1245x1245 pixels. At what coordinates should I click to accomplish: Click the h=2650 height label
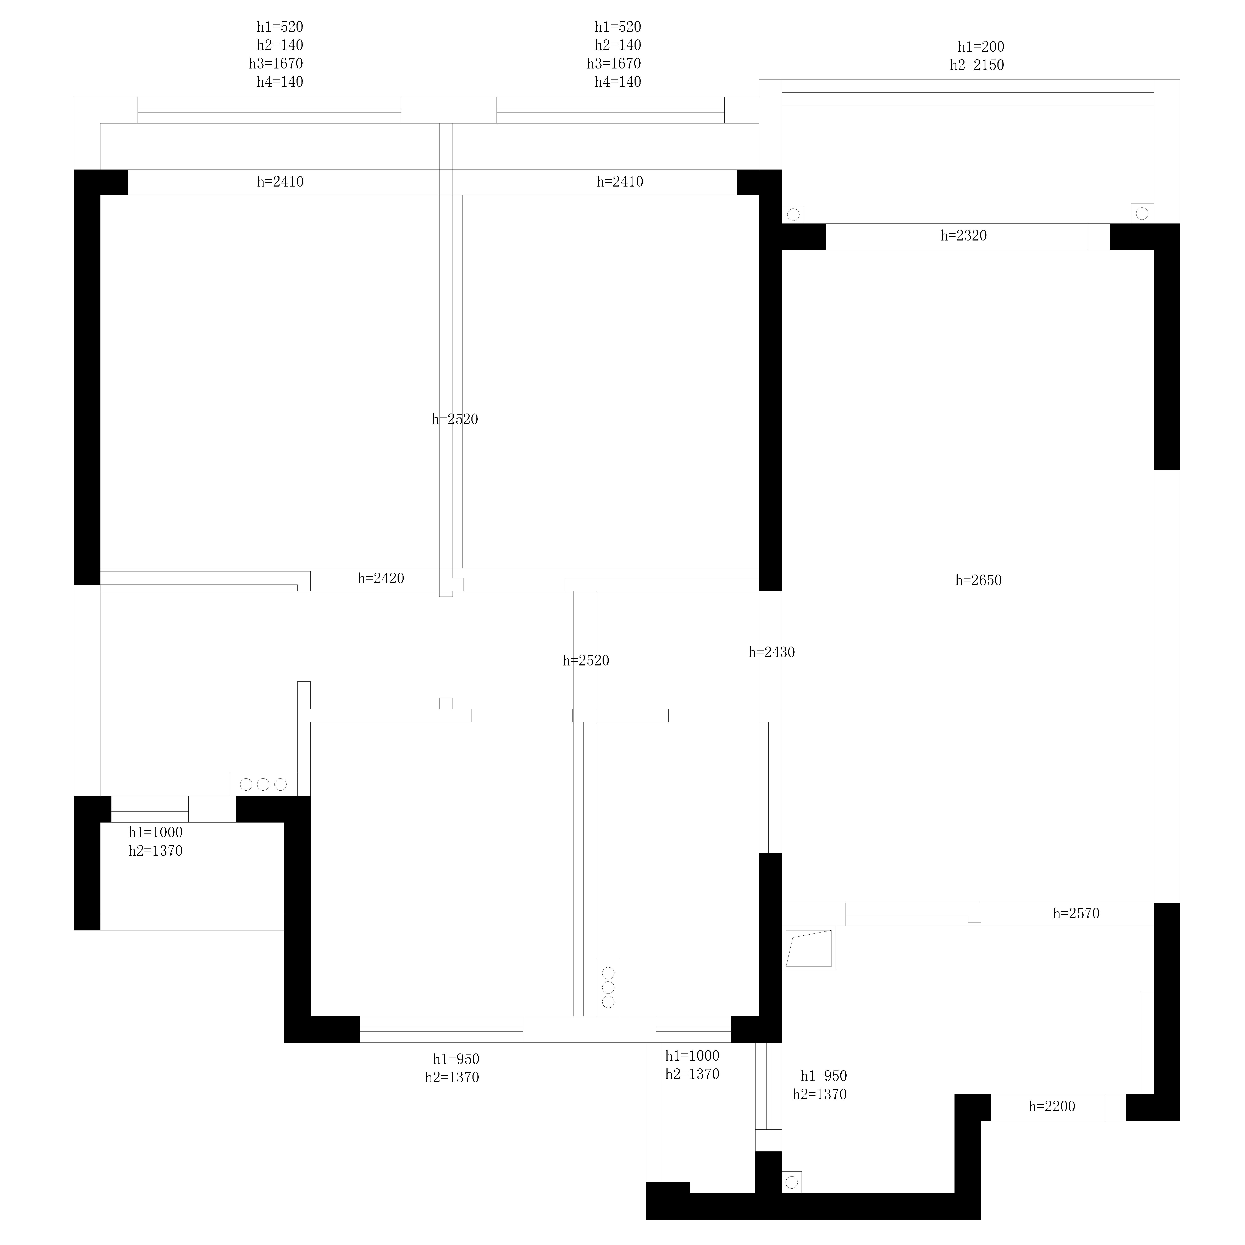pos(978,580)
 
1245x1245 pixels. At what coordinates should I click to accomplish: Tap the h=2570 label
pos(1076,913)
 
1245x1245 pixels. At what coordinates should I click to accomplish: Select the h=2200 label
pos(1052,1106)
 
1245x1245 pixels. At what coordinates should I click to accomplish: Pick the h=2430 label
pos(771,652)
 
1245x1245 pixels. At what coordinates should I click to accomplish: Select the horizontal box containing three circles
pos(263,784)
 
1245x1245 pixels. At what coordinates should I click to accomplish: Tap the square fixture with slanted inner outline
pos(809,948)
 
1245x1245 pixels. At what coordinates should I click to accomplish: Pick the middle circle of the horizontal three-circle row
pos(263,784)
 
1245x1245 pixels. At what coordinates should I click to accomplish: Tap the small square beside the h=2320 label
pos(1099,237)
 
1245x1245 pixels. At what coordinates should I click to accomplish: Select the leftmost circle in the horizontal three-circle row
pos(246,784)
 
